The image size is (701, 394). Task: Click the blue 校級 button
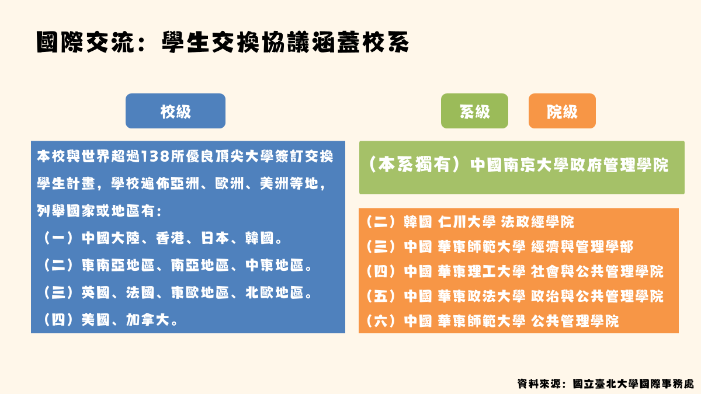pos(175,111)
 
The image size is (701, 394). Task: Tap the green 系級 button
pos(474,111)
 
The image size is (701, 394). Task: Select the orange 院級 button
pos(562,111)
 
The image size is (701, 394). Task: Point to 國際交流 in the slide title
pos(85,42)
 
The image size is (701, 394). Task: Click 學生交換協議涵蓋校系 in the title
pos(286,42)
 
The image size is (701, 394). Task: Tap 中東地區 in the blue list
pos(274,266)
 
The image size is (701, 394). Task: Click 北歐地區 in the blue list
pos(274,292)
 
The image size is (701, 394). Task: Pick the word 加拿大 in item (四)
pos(148,320)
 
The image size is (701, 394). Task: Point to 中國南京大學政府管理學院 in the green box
pos(570,165)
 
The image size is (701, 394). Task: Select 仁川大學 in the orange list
pos(467,222)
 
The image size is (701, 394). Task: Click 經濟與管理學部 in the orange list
pos(582,247)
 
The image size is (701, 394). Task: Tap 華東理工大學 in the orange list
pos(481,271)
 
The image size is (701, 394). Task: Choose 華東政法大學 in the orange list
pos(481,296)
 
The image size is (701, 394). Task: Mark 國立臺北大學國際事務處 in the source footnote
pos(633,384)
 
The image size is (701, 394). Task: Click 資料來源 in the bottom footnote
pos(539,384)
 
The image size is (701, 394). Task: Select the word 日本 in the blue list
pos(215,238)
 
